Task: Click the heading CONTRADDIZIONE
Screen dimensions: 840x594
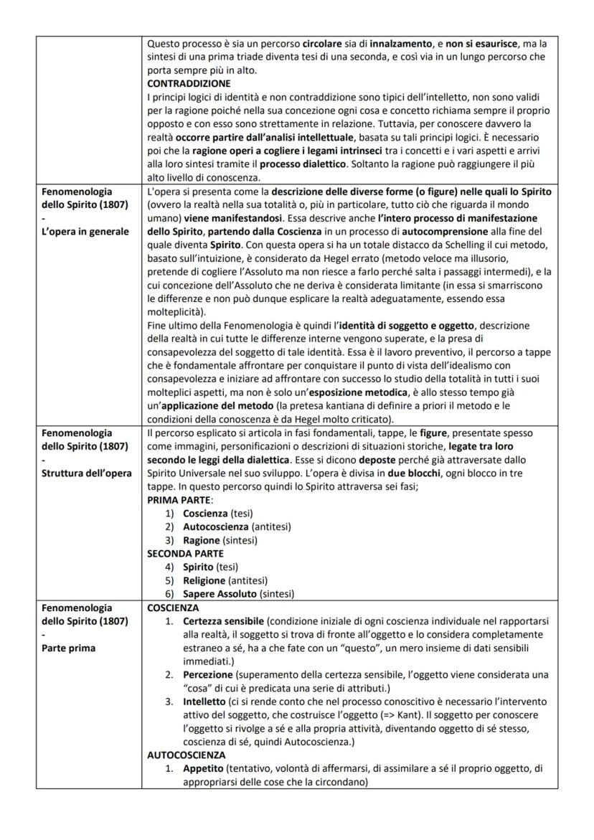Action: tap(189, 82)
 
